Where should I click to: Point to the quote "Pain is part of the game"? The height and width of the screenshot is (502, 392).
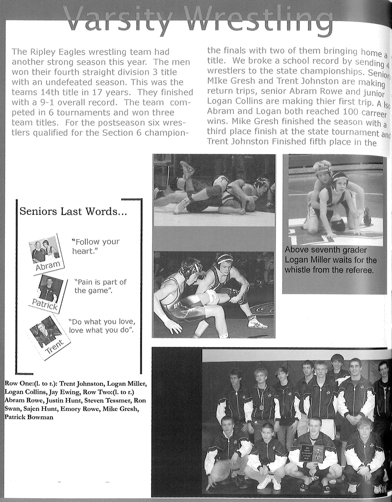pos(100,286)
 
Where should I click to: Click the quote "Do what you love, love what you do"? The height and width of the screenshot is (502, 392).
pos(101,326)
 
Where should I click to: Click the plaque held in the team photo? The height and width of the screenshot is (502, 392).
pos(312,453)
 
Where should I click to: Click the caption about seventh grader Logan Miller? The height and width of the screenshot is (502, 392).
pos(331,260)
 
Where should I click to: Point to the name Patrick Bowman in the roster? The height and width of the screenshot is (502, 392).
pos(29,417)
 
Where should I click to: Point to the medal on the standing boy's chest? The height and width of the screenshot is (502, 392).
pos(261,407)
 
